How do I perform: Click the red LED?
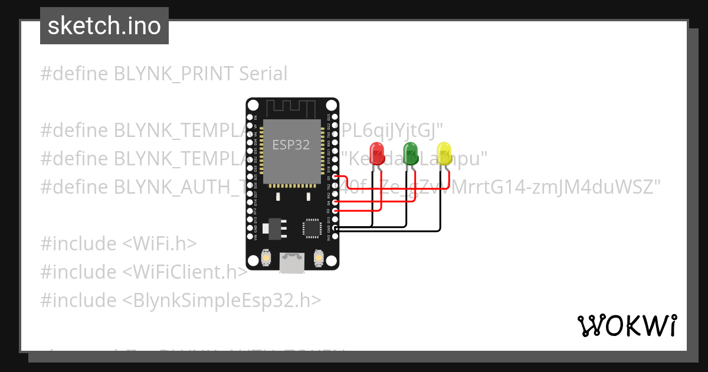click(x=376, y=152)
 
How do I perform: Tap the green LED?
click(x=410, y=152)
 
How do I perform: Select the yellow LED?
click(x=444, y=152)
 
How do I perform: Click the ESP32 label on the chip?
click(x=291, y=145)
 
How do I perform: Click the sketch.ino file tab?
click(x=104, y=26)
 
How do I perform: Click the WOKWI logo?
click(x=627, y=325)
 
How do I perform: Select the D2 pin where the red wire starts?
click(x=336, y=210)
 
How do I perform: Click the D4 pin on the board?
click(x=336, y=202)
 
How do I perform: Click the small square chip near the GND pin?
click(x=312, y=229)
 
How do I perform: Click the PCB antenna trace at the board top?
click(x=293, y=109)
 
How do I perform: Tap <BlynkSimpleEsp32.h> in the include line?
click(x=222, y=301)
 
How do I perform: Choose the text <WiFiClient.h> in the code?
click(x=185, y=272)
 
